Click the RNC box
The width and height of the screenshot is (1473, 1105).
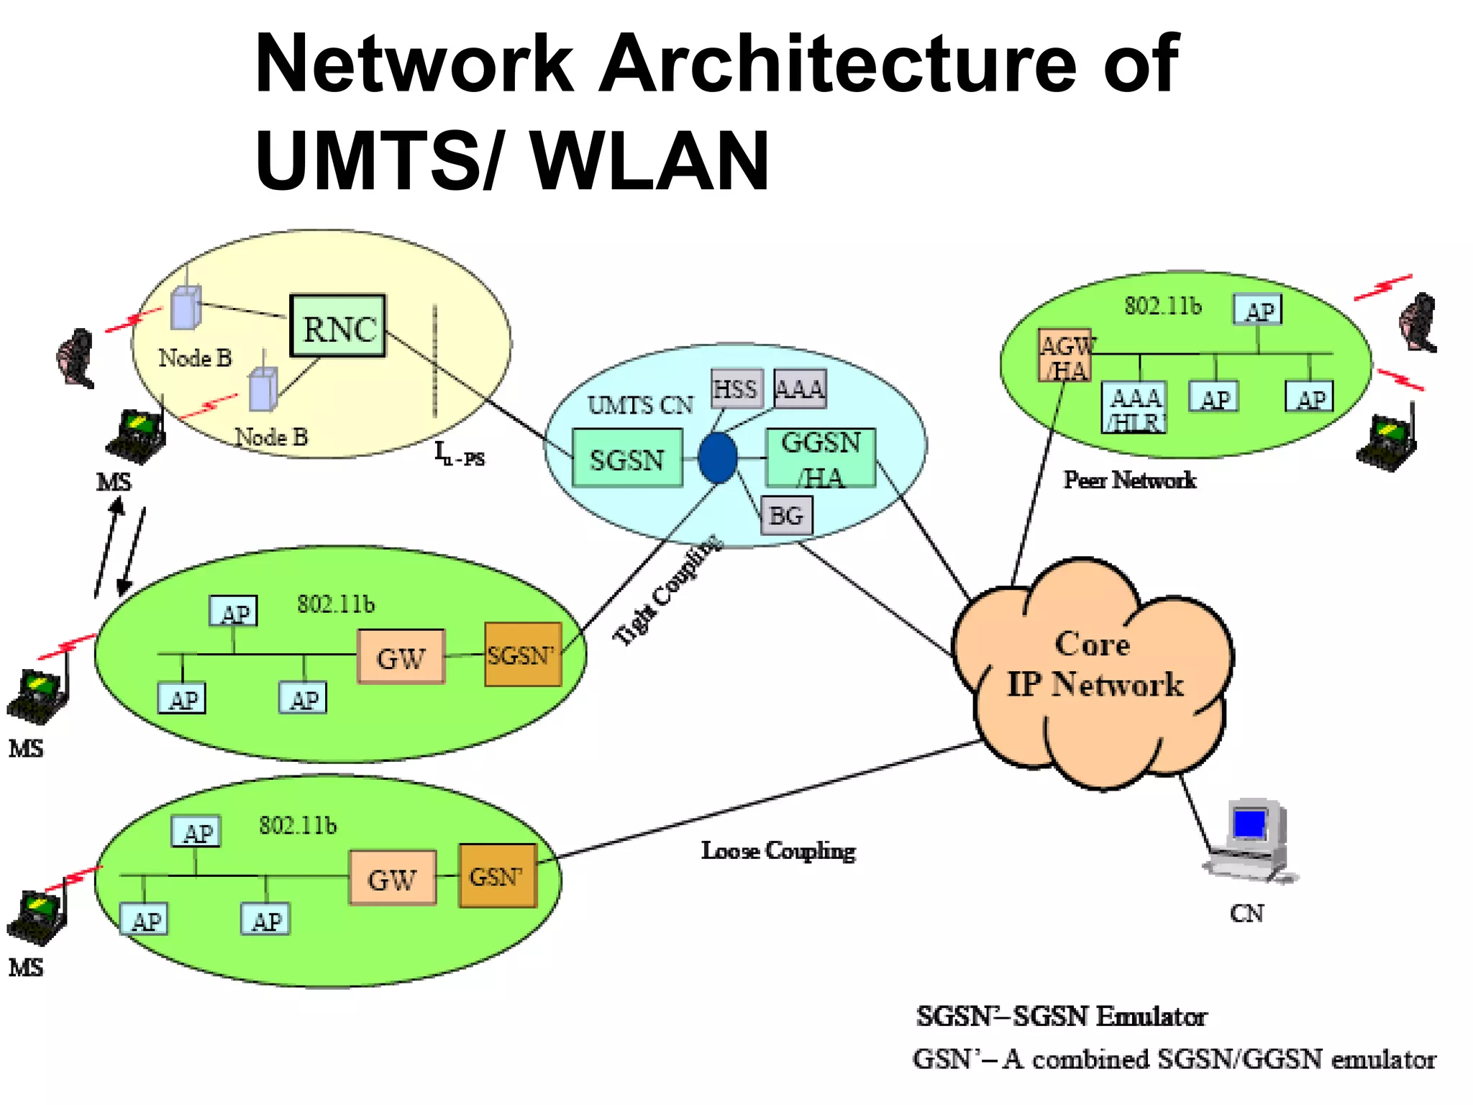coord(337,327)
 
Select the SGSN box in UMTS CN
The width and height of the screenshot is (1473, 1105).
coord(627,458)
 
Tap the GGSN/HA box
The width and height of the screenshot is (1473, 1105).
coord(821,458)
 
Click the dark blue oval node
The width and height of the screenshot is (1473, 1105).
coord(718,457)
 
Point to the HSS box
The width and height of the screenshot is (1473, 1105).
coord(736,389)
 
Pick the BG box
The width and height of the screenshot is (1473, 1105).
coord(786,516)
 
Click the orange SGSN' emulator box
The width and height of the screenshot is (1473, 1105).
coord(523,655)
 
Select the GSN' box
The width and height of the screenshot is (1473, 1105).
coord(498,876)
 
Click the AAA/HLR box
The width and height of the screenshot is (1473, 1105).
coord(1134,408)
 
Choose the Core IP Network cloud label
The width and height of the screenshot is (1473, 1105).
coord(1093,664)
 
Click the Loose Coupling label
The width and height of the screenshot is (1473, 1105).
coord(778,851)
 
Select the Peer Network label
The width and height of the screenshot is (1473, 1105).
coord(1129,480)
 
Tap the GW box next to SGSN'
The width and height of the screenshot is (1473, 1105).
coord(401,657)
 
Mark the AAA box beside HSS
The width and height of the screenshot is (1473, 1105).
coord(800,389)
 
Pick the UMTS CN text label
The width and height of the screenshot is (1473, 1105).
coord(640,406)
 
